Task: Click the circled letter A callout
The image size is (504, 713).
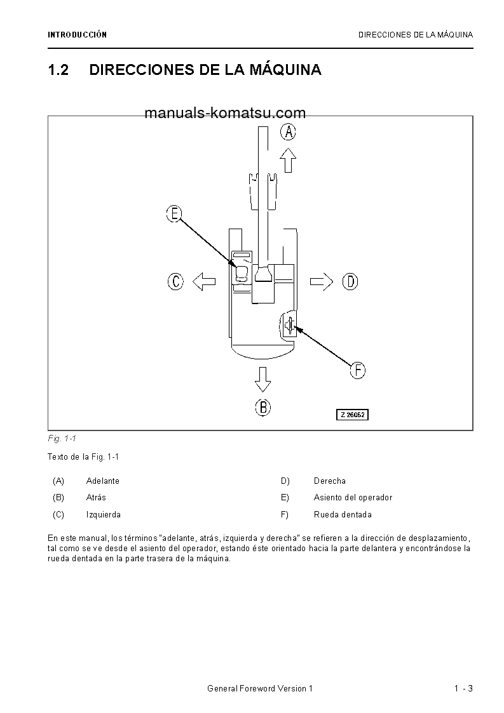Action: coord(289,132)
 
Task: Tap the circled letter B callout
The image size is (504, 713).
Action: coord(263,407)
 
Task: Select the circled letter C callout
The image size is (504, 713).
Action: coord(175,281)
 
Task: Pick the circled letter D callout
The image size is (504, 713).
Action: coord(350,281)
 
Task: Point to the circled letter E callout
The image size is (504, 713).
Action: coord(174,214)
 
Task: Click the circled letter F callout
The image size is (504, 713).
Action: coord(358,370)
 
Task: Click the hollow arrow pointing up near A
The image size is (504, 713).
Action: coord(289,160)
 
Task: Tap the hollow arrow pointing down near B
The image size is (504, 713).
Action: coord(262,380)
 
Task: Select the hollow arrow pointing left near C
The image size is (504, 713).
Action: coord(204,281)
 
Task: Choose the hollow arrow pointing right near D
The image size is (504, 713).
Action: coord(322,281)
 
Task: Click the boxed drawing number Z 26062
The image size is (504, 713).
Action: coord(352,415)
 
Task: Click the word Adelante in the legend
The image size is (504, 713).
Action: coord(103,481)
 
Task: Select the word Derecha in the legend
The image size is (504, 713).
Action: coord(330,481)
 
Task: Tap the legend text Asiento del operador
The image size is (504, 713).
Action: coord(353,498)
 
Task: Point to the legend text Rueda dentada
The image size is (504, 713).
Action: coord(343,515)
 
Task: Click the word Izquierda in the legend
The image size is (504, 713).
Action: coord(104,515)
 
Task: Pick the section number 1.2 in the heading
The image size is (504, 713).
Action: coord(58,70)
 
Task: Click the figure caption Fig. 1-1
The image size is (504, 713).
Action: coord(62,439)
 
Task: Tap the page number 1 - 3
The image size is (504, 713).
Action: coord(463,689)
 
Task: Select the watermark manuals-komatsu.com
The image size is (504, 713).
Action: coord(225,114)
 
